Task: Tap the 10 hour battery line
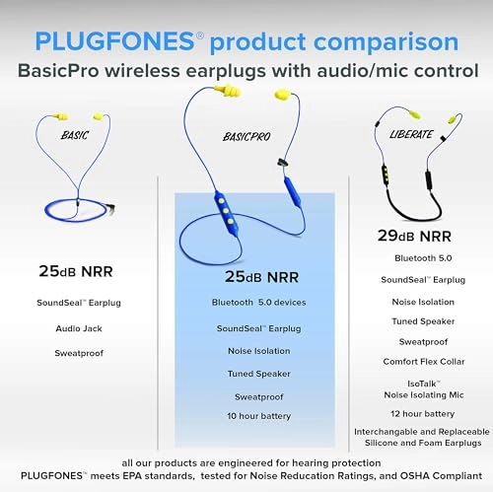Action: pyautogui.click(x=251, y=416)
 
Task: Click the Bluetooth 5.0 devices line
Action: pyautogui.click(x=251, y=303)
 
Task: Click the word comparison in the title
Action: pyautogui.click(x=387, y=42)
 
